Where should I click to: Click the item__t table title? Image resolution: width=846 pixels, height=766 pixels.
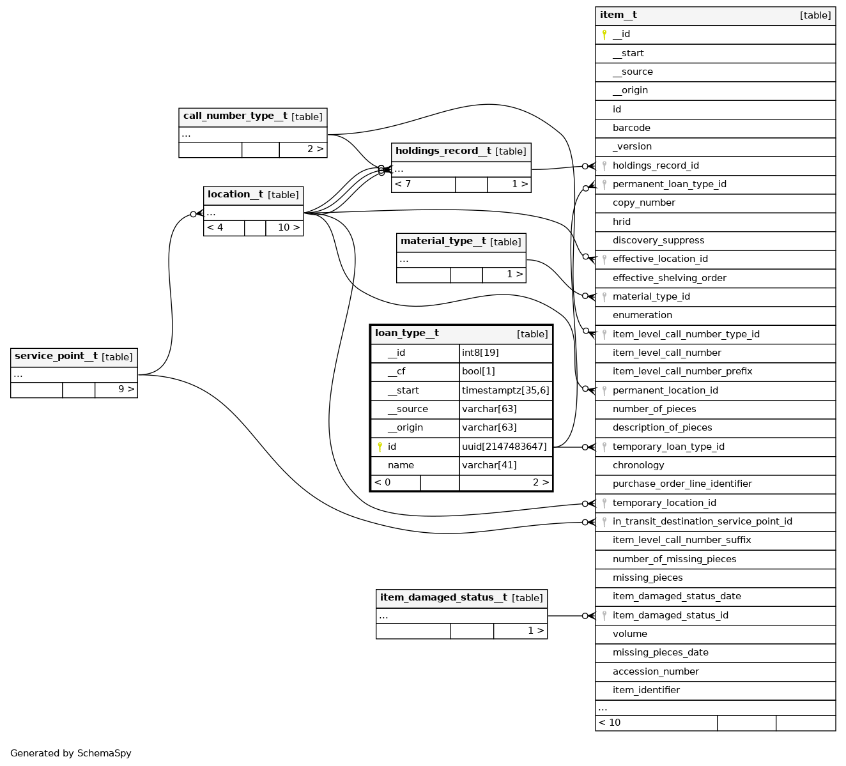(619, 15)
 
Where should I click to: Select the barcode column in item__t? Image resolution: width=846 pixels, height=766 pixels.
(631, 128)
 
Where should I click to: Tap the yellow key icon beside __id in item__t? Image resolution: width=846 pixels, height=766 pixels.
(604, 34)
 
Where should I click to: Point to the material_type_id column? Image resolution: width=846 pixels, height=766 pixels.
(651, 296)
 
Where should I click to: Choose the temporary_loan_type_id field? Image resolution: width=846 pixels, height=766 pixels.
(668, 447)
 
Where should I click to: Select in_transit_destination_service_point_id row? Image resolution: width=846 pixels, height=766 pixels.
(702, 521)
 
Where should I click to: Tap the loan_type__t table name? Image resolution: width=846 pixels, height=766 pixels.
(407, 333)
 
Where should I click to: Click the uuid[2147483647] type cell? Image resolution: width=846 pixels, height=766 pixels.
(504, 447)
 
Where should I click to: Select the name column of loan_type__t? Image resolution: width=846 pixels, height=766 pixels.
(401, 465)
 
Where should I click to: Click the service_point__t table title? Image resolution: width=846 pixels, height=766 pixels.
(56, 356)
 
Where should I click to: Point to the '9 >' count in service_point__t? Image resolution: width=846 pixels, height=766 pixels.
(126, 388)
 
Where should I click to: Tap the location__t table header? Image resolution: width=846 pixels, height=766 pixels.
(236, 194)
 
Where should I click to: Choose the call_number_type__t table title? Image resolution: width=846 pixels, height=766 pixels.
(235, 116)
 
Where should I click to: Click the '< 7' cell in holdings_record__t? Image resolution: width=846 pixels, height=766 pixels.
(403, 184)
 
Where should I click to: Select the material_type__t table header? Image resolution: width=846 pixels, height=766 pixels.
(443, 241)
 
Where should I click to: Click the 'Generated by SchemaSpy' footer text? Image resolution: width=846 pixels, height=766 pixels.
(71, 753)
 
